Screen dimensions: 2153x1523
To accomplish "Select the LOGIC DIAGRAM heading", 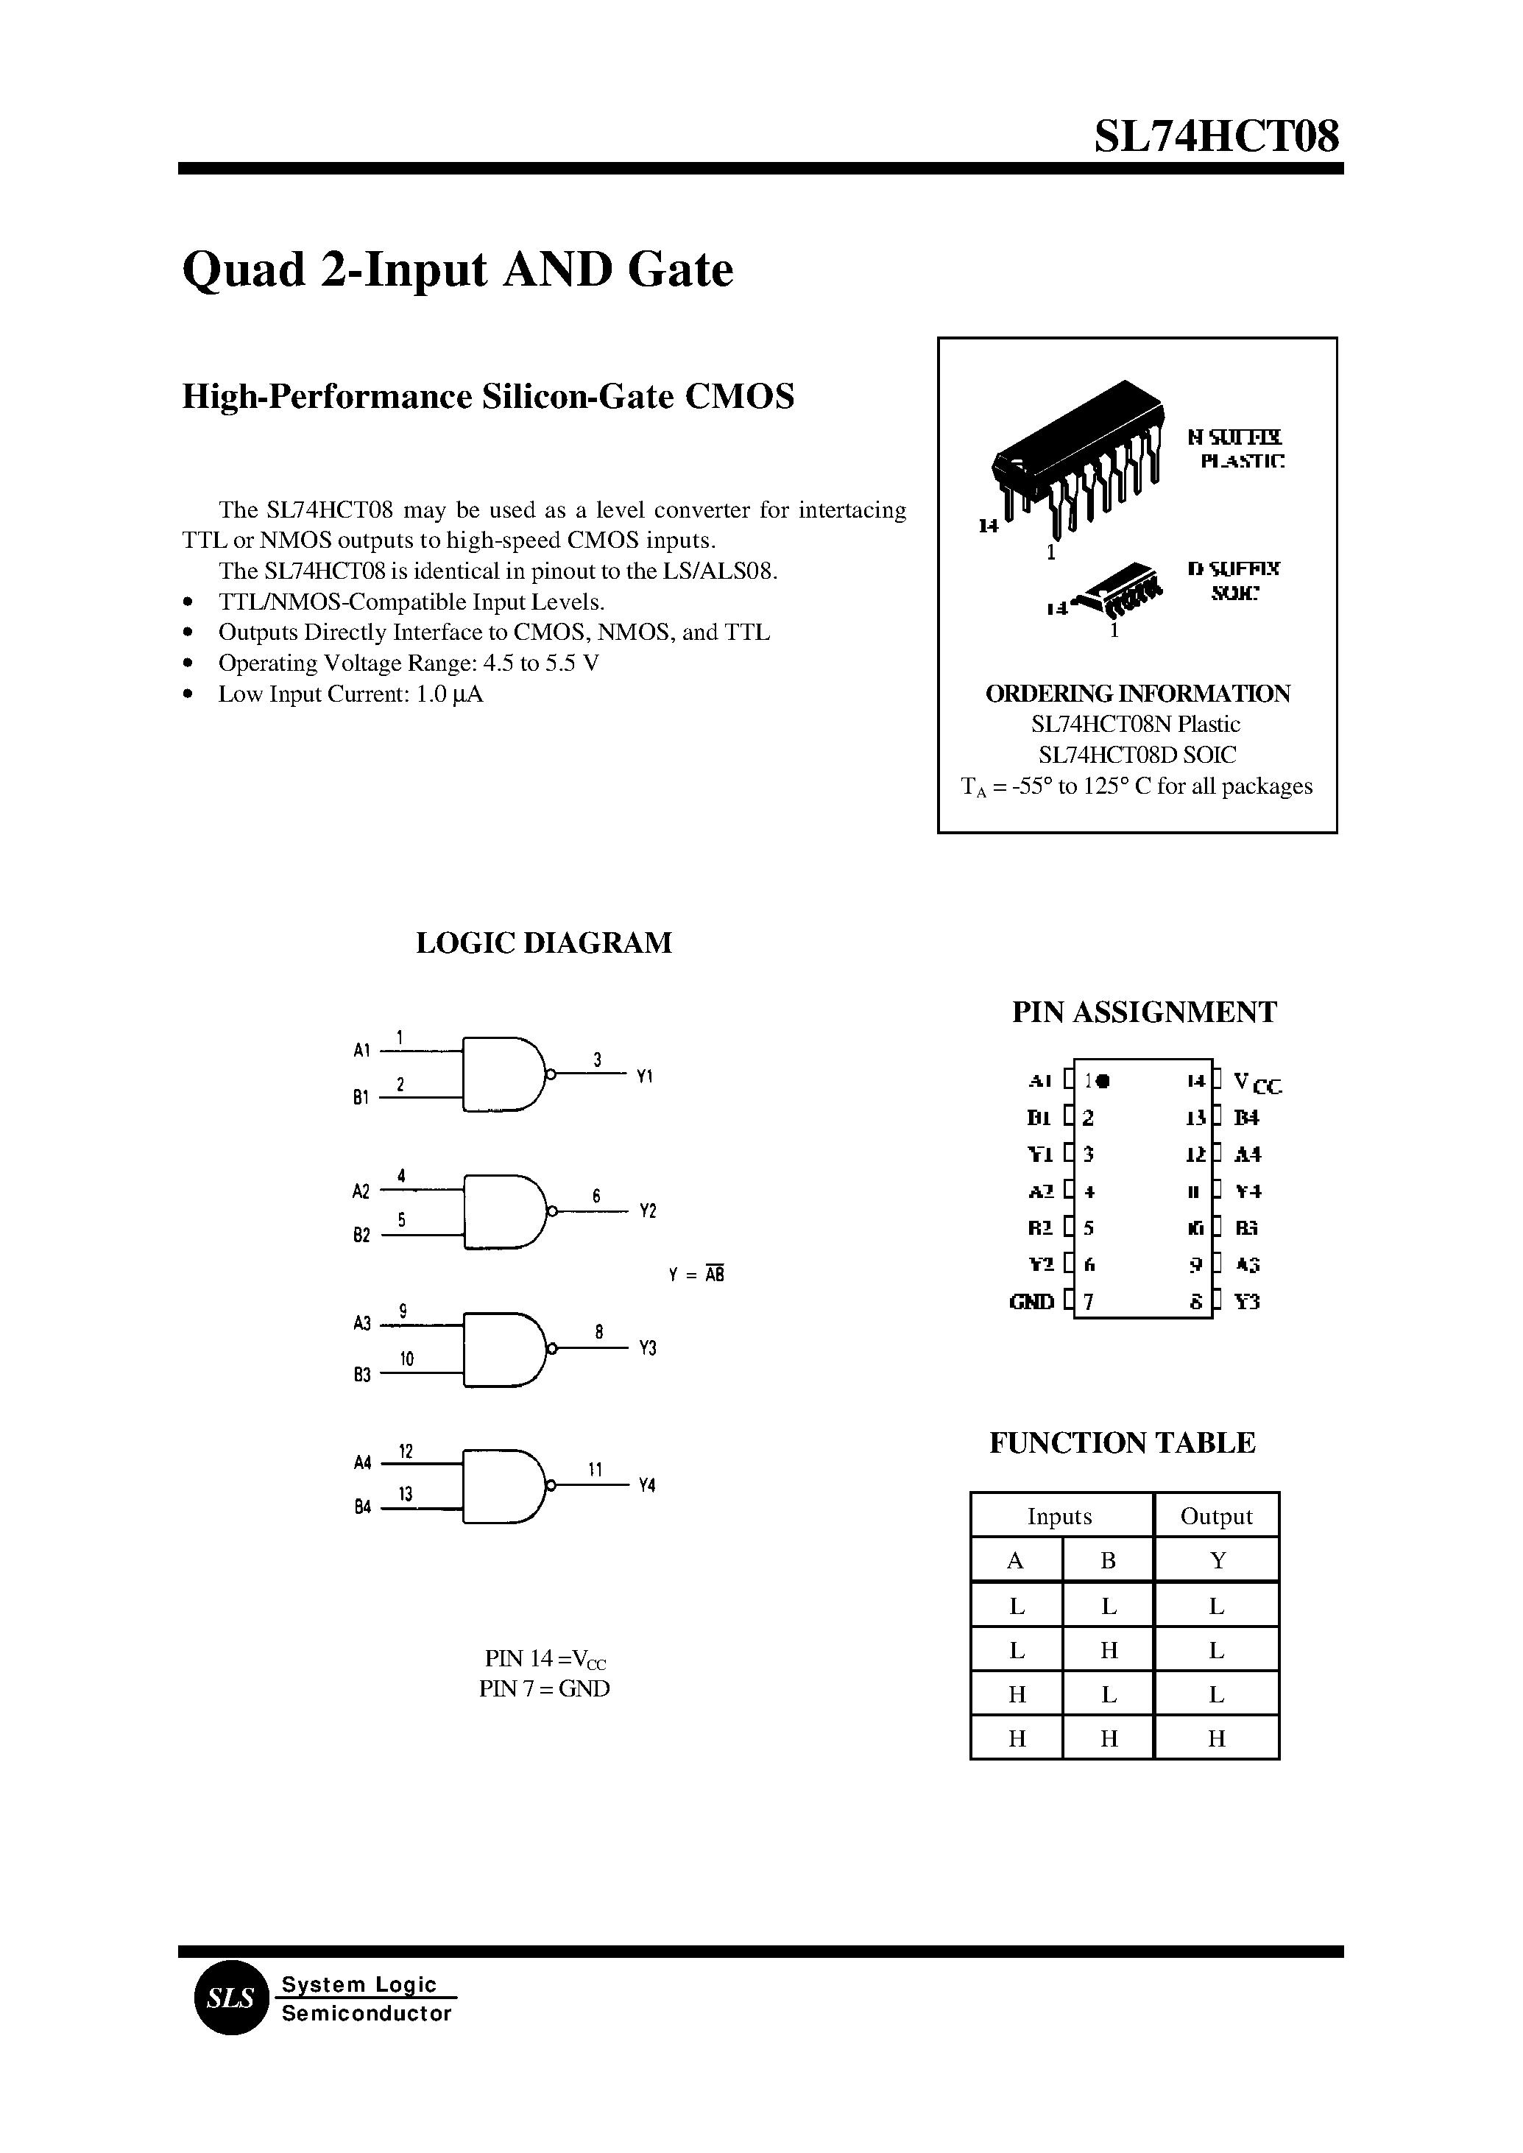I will (x=543, y=942).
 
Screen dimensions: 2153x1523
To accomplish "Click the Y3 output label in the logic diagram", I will (x=647, y=1348).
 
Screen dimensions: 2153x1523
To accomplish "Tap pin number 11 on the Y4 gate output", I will (x=595, y=1469).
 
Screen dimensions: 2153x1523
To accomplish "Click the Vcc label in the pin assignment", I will (x=1257, y=1084).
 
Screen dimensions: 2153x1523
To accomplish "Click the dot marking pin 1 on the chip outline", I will (x=1103, y=1081).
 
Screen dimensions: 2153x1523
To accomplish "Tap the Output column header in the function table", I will (x=1215, y=1517).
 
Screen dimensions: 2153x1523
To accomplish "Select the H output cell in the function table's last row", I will (x=1216, y=1738).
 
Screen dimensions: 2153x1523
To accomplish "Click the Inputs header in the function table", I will (x=1060, y=1517).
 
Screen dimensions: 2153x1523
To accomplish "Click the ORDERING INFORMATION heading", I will (x=1137, y=694).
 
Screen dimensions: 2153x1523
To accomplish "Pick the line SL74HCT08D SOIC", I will (x=1137, y=755).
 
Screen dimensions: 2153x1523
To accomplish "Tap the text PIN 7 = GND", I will (x=544, y=1688).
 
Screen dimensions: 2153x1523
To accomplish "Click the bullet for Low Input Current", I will (x=189, y=694).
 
